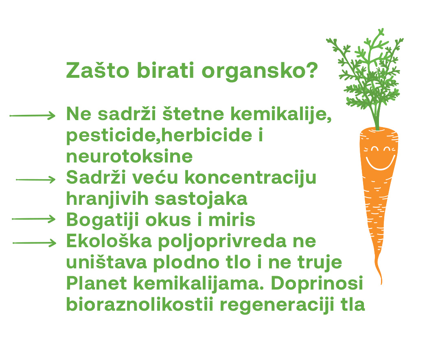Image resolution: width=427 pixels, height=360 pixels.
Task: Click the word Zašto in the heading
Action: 98,70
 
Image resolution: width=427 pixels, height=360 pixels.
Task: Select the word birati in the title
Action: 165,70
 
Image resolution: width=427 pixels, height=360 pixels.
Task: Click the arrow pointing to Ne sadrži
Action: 33,116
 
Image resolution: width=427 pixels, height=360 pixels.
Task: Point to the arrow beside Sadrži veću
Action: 36,179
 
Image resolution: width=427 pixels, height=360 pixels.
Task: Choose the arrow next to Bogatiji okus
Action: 34,219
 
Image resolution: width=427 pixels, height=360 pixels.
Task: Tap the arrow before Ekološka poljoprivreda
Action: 34,243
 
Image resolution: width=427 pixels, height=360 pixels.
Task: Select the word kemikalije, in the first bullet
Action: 281,114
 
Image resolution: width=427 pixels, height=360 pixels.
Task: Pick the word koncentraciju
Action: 250,178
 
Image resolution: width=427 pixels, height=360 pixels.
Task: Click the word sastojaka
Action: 201,199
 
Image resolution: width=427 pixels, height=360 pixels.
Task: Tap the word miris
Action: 232,220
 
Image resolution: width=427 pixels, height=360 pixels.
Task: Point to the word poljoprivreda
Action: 222,242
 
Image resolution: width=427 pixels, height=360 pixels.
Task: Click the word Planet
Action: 96,283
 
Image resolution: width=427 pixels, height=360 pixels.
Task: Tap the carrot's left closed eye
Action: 375,149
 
